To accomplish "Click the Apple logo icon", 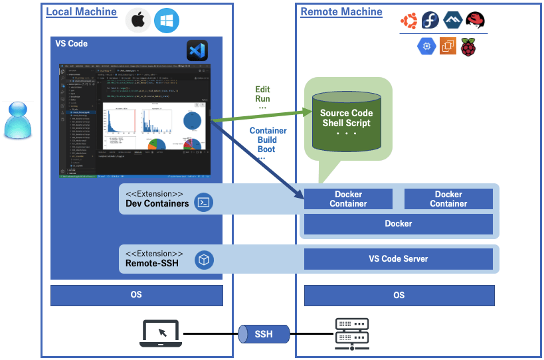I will tap(138, 20).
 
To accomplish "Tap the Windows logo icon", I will tap(167, 20).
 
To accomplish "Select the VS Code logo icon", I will tap(197, 51).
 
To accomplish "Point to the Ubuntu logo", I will tap(409, 21).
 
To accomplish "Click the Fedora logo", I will tap(430, 21).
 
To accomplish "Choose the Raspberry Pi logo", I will tap(470, 46).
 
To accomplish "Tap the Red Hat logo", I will tap(474, 21).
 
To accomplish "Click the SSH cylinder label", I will tap(264, 333).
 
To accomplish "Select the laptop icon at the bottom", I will tap(162, 333).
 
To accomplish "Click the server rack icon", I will tap(351, 334).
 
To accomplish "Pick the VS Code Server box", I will tap(399, 259).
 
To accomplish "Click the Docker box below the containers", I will tap(399, 224).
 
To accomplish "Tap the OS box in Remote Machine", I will tap(399, 295).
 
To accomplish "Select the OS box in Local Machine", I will tap(136, 295).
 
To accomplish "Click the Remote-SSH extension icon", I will tap(204, 260).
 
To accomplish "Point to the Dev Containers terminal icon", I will tap(203, 202).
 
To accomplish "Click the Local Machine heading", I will tap(81, 12).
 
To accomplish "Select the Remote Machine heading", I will tap(341, 12).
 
